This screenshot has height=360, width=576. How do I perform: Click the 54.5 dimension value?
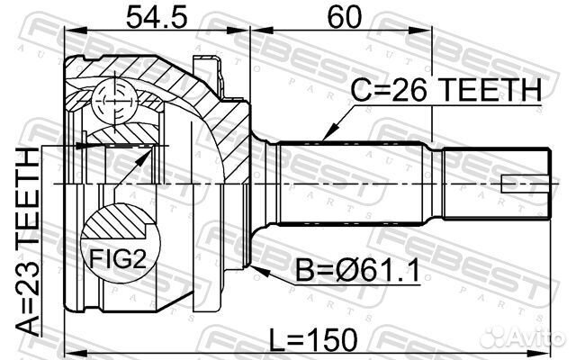157,17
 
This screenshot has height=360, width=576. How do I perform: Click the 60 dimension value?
344,17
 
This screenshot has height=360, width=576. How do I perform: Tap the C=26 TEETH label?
446,90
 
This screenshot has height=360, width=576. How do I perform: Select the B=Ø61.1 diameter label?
357,272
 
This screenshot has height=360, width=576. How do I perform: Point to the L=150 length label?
313,340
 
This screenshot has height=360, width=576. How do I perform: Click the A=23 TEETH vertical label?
28,243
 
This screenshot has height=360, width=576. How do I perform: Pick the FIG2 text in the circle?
118,260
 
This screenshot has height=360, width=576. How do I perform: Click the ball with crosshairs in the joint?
114,100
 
